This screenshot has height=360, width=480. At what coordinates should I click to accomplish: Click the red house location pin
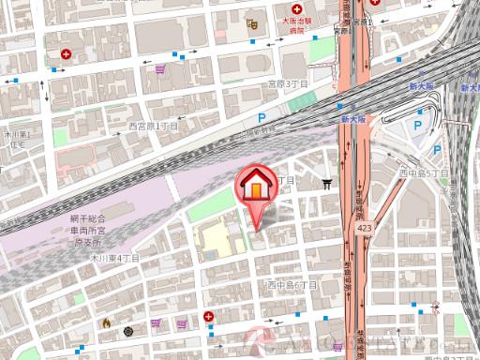255,186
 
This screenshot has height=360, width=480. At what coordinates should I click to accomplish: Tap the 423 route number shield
362,227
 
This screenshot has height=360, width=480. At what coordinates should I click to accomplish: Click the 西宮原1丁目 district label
153,125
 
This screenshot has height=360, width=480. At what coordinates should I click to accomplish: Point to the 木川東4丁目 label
114,257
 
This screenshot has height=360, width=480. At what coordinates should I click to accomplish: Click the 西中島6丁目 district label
293,284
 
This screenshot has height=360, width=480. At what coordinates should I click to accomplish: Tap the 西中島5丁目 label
425,173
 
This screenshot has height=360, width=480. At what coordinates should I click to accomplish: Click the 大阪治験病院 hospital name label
299,22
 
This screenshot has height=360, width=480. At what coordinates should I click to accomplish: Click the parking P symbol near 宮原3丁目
262,119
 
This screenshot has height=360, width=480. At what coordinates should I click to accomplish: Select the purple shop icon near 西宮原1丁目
161,68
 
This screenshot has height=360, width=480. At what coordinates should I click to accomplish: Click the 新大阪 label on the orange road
352,120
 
